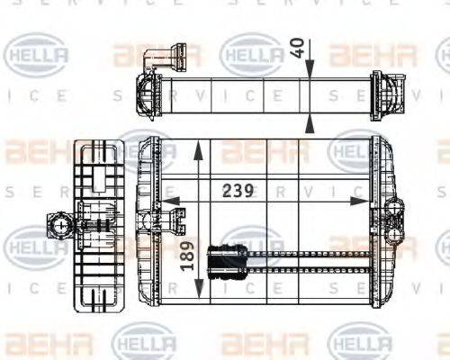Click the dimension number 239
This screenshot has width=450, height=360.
tap(238, 190)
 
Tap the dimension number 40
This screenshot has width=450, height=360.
tap(298, 49)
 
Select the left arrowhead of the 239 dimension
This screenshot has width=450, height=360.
tap(169, 202)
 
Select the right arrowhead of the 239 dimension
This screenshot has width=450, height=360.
tap(360, 202)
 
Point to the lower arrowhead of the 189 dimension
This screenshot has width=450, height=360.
tap(199, 290)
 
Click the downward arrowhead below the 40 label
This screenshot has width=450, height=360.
tap(310, 69)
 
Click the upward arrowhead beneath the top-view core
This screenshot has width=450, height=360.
tap(310, 124)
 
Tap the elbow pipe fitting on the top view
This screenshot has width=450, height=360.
tap(164, 58)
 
